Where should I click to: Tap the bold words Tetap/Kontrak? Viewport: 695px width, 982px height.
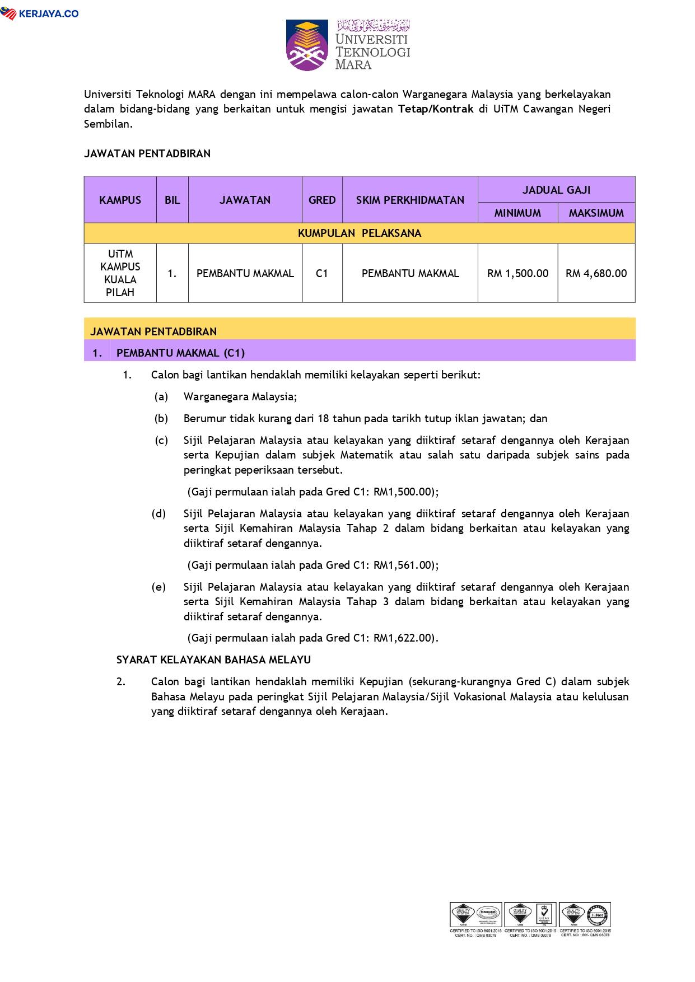click(436, 109)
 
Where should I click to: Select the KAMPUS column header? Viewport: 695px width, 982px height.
click(120, 200)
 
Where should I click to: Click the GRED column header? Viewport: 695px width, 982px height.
click(322, 200)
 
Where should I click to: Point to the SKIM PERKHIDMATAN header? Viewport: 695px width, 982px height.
click(410, 200)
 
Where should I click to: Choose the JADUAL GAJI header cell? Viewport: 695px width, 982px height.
click(556, 190)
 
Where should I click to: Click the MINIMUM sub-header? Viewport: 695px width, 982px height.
click(517, 213)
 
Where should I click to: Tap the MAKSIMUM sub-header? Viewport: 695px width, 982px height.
click(596, 213)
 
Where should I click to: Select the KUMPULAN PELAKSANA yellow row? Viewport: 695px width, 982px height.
click(359, 233)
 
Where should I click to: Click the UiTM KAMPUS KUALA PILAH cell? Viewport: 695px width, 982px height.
click(120, 273)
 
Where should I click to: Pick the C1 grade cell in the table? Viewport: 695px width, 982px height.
click(321, 273)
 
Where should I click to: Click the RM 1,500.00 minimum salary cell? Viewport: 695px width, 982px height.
click(517, 273)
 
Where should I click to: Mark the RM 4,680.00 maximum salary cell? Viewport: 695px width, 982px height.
click(596, 273)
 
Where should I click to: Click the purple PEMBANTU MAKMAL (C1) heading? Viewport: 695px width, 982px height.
click(180, 353)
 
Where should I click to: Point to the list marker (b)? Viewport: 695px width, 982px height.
click(161, 419)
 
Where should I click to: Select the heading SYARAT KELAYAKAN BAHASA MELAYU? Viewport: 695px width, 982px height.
click(213, 660)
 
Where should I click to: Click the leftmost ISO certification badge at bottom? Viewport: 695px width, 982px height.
click(475, 919)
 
